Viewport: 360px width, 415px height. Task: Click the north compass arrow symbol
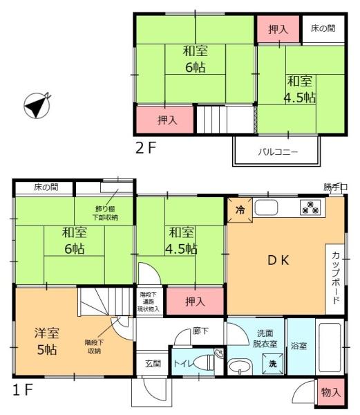35,105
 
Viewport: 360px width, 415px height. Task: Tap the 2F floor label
147,147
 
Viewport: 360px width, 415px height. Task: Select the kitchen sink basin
265,207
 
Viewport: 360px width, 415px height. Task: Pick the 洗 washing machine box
272,364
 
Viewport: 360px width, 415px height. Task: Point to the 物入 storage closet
331,392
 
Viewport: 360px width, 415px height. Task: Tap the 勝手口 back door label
336,187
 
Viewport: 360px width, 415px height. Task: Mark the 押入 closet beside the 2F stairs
166,119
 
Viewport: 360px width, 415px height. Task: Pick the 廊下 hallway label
200,330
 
